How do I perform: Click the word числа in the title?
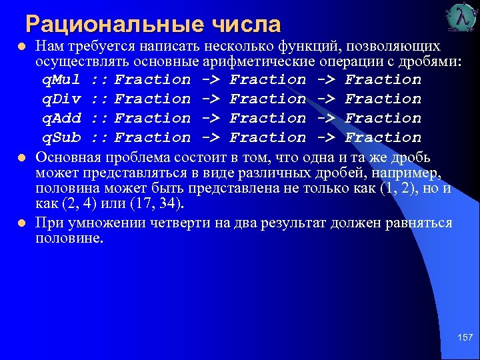247,25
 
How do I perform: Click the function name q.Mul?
62,80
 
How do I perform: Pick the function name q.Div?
62,99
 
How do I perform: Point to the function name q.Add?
62,119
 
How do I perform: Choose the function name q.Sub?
62,138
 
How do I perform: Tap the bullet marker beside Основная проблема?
22,158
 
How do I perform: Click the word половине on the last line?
69,239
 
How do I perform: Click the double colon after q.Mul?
100,80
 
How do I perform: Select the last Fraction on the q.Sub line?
383,138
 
